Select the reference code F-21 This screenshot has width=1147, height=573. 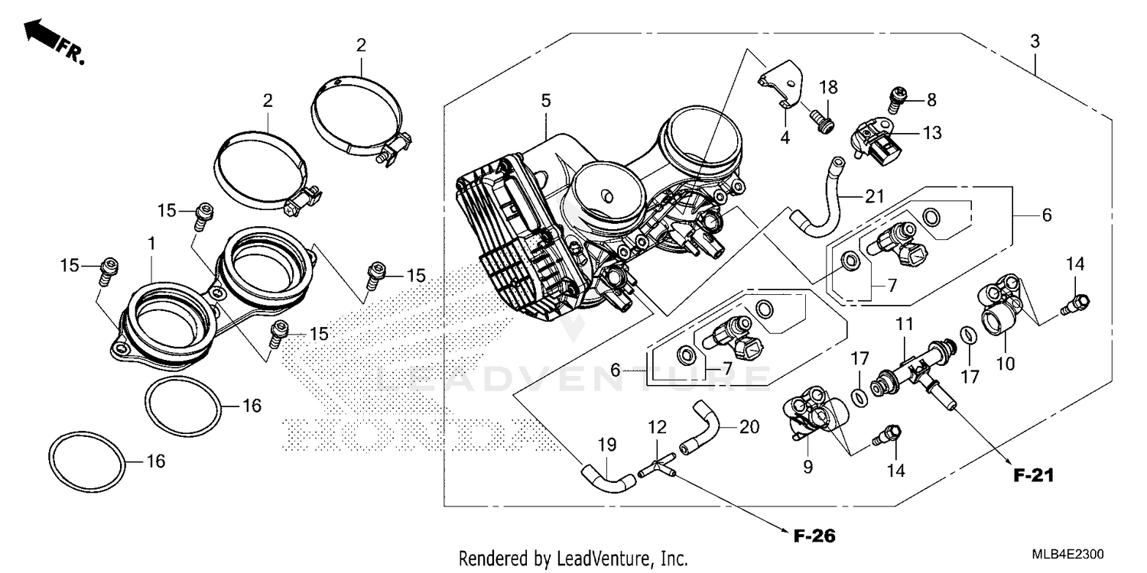(x=1034, y=475)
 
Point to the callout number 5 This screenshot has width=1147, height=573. (x=545, y=100)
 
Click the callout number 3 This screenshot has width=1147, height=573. (x=1035, y=42)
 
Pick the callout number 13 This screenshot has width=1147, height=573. (x=931, y=133)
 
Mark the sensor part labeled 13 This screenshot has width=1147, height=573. (x=876, y=143)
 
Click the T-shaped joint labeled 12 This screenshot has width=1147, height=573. (x=655, y=467)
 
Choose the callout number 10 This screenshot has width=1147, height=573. (x=1006, y=364)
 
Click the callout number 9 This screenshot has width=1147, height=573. (x=808, y=465)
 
